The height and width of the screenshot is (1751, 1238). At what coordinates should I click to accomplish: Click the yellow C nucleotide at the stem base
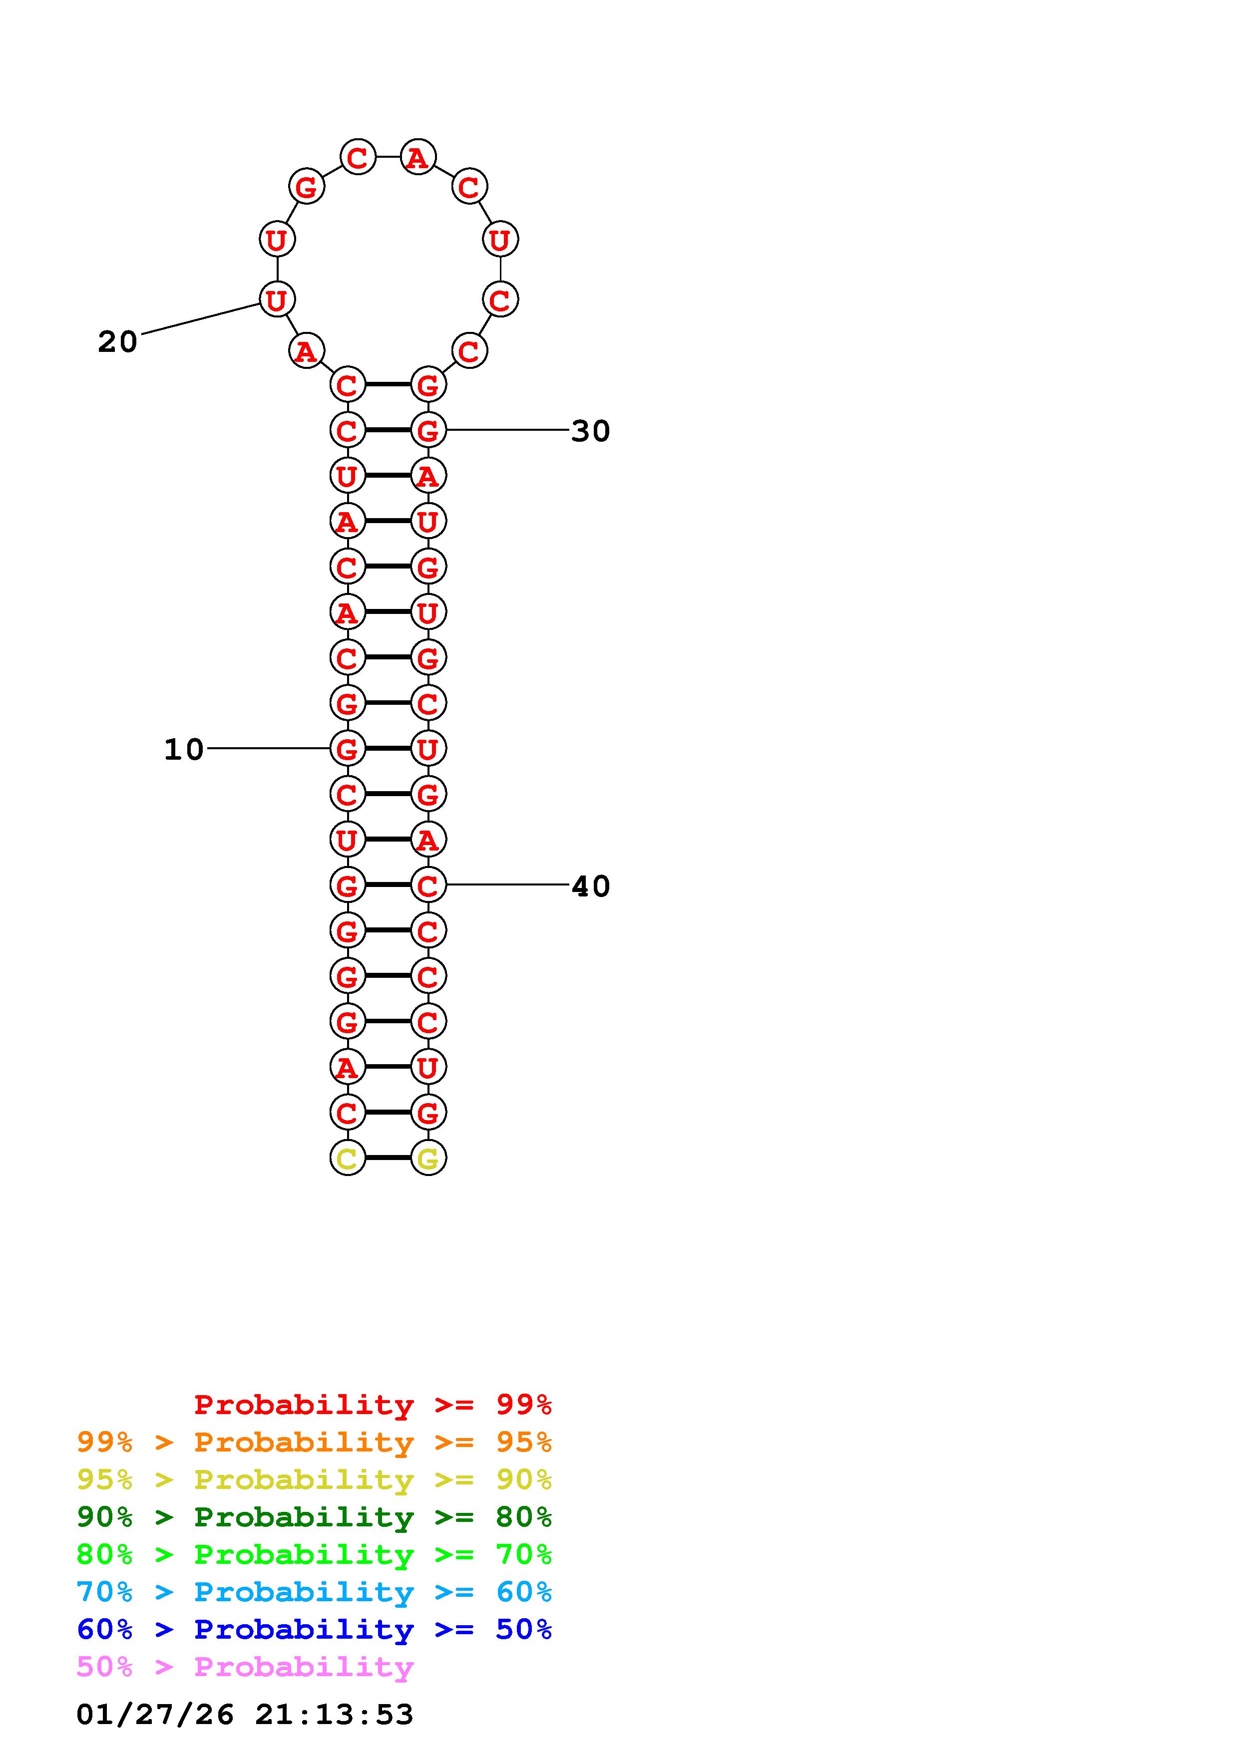click(347, 1158)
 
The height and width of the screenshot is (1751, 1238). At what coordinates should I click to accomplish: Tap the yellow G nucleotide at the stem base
click(428, 1158)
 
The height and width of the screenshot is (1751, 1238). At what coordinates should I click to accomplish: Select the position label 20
click(117, 341)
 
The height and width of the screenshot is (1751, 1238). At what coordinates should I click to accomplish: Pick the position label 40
click(590, 886)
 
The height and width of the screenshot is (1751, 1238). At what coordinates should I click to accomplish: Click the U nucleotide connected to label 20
click(276, 299)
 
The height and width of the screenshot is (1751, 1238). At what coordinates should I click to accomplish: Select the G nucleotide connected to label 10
click(347, 748)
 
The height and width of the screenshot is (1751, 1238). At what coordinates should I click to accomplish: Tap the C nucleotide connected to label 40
click(428, 884)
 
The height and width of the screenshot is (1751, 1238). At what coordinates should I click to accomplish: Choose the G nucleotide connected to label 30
click(428, 430)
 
